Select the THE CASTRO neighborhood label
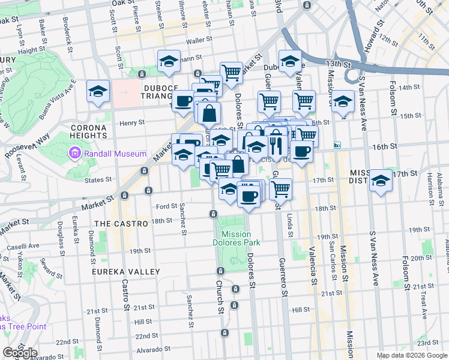pos(121,223)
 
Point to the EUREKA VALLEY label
pos(126,272)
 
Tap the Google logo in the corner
pos(20,353)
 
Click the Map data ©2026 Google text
pos(412,355)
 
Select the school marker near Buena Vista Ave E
pos(98,91)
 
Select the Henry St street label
pos(132,122)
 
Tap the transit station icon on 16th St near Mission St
pos(337,145)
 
